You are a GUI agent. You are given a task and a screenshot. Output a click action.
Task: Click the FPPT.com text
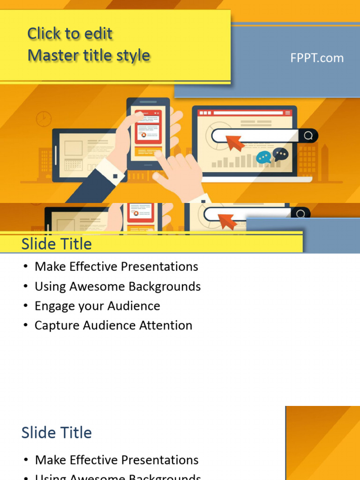coord(317,58)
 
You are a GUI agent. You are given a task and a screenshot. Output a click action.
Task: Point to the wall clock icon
coord(44,119)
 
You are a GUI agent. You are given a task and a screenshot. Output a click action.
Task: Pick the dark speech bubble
coord(281,154)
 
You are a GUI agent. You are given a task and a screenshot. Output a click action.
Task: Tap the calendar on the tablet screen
coord(74,165)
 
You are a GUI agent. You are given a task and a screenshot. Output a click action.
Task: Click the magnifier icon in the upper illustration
coord(308,136)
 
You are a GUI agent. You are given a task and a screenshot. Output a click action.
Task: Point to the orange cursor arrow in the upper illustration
coord(235,142)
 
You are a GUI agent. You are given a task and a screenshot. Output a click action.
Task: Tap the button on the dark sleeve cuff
coord(114,177)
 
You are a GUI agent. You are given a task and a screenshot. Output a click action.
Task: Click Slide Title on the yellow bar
coord(57,244)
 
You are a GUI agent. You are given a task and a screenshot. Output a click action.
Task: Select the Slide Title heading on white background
coord(57,433)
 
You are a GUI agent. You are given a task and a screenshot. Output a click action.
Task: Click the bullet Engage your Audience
coord(97,306)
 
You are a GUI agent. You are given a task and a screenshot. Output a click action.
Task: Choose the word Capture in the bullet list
coord(52,325)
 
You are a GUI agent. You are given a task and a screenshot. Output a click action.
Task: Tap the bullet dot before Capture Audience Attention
coord(25,326)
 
